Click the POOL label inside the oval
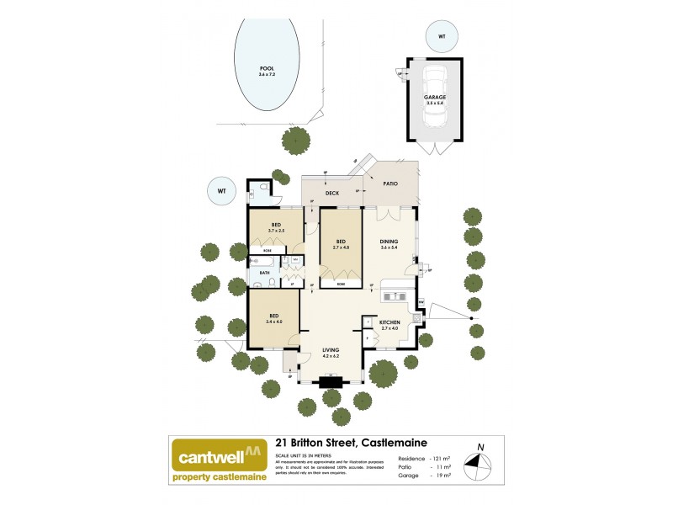coord(267,68)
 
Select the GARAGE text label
coord(435,98)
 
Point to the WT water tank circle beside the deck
coord(222,191)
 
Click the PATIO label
coord(389,183)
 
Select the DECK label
coord(331,193)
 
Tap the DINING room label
coord(389,242)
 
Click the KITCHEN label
coord(388,322)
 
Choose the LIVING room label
coord(331,351)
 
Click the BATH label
coord(264,273)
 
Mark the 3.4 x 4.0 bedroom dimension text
coord(273,322)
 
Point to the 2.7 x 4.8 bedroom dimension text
coord(341,248)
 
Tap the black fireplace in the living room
coord(331,381)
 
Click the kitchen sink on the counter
coord(393,295)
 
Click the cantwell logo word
coord(209,459)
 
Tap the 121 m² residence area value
coord(443,458)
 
